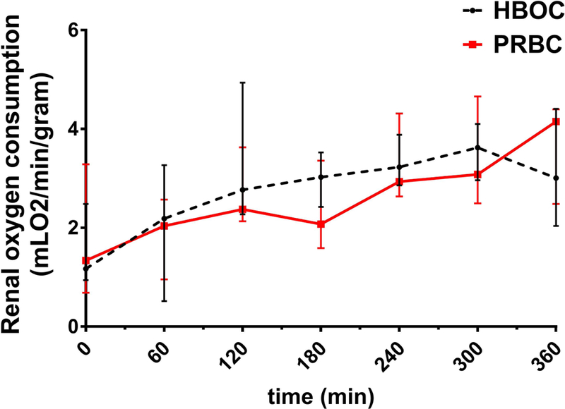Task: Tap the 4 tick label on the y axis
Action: click(73, 130)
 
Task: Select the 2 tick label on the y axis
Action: click(73, 228)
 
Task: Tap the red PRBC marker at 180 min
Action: click(321, 224)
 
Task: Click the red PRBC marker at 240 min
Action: click(399, 182)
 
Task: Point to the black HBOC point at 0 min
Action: click(86, 268)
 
